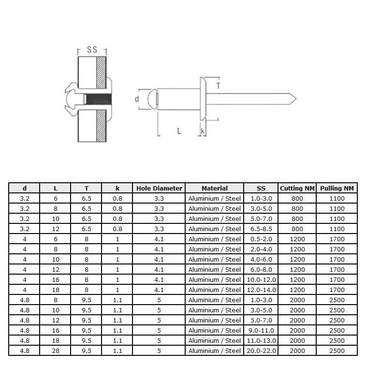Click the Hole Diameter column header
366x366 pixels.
click(159, 188)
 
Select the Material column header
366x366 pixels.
click(214, 188)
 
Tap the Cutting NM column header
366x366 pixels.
click(297, 188)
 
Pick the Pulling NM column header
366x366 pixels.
click(337, 188)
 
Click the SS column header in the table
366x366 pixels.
click(261, 188)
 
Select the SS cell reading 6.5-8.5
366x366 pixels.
click(261, 229)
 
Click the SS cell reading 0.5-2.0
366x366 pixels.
click(261, 239)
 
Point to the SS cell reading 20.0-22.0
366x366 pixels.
click(261, 351)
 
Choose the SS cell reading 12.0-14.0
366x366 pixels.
click(261, 290)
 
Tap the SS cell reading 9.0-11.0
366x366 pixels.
click(261, 330)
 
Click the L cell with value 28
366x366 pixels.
click(55, 351)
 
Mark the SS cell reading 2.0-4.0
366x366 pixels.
click(261, 249)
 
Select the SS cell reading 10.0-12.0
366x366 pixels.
click(261, 279)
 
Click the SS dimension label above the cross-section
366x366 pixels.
click(92, 50)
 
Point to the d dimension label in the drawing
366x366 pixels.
click(137, 99)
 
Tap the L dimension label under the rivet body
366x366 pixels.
click(179, 131)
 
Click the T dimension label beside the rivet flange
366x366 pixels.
click(219, 86)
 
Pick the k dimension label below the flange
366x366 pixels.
click(203, 131)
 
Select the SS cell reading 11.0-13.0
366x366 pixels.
click(261, 340)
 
